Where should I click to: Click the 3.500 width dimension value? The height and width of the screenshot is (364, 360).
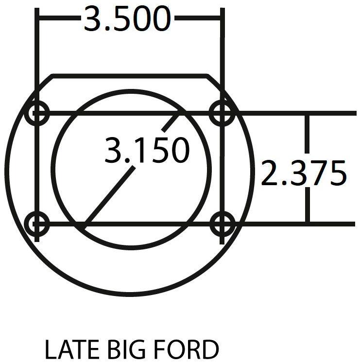pyautogui.click(x=128, y=19)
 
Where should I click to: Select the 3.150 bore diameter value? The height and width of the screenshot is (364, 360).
pyautogui.click(x=146, y=150)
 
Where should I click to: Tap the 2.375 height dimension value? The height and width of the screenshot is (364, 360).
pyautogui.click(x=304, y=173)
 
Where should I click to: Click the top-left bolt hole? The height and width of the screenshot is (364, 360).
pyautogui.click(x=37, y=114)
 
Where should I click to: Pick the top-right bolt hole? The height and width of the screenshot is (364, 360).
pyautogui.click(x=223, y=114)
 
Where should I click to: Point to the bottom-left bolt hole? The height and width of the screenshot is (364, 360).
pyautogui.click(x=37, y=224)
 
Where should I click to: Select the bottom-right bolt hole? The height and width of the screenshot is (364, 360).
pyautogui.click(x=223, y=224)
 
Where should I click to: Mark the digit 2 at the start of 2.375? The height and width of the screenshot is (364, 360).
pyautogui.click(x=270, y=173)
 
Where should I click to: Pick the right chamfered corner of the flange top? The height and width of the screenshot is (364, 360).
pyautogui.click(x=215, y=83)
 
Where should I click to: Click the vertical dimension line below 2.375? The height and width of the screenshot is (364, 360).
pyautogui.click(x=307, y=207)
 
